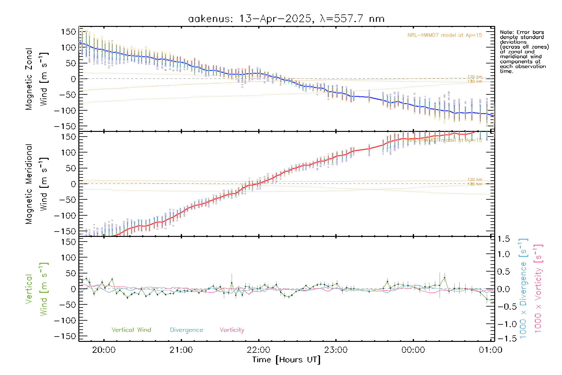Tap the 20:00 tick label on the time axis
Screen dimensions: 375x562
[x=104, y=350]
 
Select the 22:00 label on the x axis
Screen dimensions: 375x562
[x=259, y=350]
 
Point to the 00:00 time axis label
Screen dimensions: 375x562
[x=413, y=350]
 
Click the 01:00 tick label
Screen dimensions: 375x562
[x=491, y=350]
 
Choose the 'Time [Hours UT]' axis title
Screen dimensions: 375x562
[x=286, y=360]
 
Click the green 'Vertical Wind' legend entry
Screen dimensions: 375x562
[x=131, y=330]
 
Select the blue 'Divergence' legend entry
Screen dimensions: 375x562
[x=186, y=330]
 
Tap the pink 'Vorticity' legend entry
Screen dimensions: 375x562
[x=232, y=330]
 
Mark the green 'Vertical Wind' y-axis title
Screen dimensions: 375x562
[x=37, y=289]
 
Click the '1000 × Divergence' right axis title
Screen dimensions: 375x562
[x=523, y=289]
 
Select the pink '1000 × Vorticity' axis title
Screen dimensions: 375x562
[x=538, y=289]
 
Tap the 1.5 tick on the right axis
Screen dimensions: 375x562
[x=503, y=239]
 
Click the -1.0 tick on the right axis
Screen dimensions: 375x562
[x=503, y=324]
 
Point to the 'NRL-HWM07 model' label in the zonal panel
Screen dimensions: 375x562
[x=445, y=35]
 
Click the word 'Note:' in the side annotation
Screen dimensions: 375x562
[x=506, y=32]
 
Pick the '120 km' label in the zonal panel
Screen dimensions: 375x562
[x=475, y=77]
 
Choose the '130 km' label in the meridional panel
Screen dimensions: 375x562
[x=475, y=184]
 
